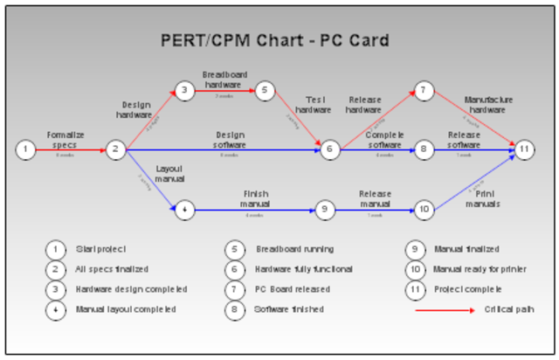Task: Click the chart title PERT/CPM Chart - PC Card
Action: (275, 40)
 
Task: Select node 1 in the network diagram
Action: (26, 149)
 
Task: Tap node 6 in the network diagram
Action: (329, 149)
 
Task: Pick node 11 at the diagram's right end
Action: (523, 149)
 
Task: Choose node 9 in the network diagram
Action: (324, 210)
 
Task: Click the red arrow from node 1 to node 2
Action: (70, 149)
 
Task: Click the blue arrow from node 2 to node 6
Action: (227, 149)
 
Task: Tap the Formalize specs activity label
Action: (66, 140)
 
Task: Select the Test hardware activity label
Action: (313, 104)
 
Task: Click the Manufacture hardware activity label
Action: (484, 104)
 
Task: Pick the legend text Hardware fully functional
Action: (302, 269)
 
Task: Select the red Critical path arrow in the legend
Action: (443, 309)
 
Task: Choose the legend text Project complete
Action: (467, 288)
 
